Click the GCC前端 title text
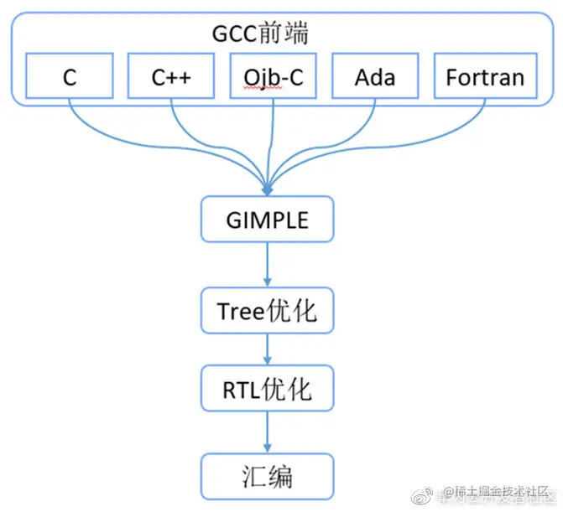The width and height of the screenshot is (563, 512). (259, 34)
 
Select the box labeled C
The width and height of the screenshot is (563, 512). (70, 78)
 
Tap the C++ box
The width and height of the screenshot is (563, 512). (171, 78)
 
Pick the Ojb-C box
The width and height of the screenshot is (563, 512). (273, 78)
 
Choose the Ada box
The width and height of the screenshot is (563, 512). (375, 78)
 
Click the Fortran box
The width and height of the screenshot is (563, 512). (485, 78)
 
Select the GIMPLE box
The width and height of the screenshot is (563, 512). (267, 220)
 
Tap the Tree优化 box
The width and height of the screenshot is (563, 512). (267, 311)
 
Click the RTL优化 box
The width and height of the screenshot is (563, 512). (267, 389)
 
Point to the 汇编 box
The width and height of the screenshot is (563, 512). (267, 477)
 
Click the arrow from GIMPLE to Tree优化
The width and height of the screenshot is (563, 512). (267, 264)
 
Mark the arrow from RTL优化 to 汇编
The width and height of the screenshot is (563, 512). (267, 432)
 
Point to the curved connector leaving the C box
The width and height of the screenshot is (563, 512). (101, 134)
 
